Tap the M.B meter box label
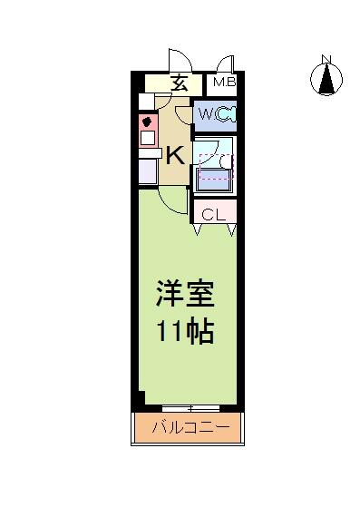[x=225, y=83]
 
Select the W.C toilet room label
[x=209, y=114]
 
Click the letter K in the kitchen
[x=175, y=155]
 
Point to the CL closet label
[x=214, y=215]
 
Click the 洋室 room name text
[x=185, y=294]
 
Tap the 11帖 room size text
[x=185, y=331]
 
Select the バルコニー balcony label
[x=190, y=428]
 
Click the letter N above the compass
[x=326, y=59]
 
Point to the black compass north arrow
[x=326, y=79]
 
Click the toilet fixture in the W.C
[x=228, y=115]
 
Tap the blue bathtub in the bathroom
[x=214, y=182]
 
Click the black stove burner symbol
[x=147, y=122]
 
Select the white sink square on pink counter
[x=148, y=139]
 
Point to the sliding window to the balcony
[x=190, y=408]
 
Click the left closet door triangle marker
[x=198, y=229]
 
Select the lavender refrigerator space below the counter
[x=148, y=171]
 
